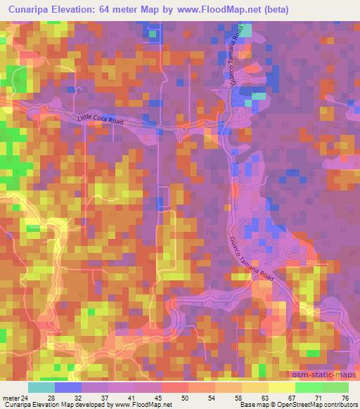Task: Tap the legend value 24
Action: [25, 398]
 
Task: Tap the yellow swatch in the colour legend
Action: [282, 387]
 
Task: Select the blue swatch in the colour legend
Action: [68, 387]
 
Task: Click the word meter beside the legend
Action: [11, 398]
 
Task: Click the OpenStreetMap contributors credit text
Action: [316, 405]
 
